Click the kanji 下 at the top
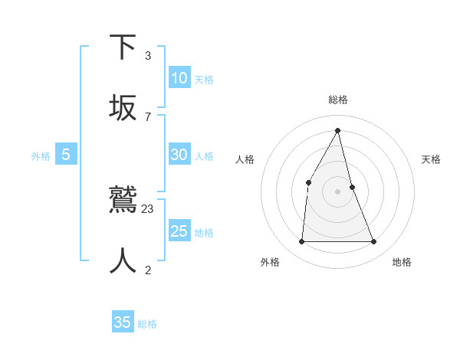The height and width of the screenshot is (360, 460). (x=123, y=47)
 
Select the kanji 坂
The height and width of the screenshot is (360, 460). (x=123, y=107)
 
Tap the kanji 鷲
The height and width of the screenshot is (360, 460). (x=123, y=200)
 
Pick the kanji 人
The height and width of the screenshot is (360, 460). (x=123, y=260)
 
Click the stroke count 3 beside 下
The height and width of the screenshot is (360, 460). (x=148, y=56)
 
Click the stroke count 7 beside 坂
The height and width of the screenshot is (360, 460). (x=148, y=116)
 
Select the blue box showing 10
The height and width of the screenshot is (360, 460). (x=179, y=78)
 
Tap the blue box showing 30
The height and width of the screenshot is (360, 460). (x=179, y=155)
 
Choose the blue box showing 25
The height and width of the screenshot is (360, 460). (x=179, y=231)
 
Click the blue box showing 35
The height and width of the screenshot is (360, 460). (x=123, y=322)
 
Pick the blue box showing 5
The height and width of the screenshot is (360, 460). (x=66, y=155)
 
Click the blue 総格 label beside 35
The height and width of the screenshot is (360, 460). (x=147, y=324)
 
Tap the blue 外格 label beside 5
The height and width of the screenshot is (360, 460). (x=41, y=156)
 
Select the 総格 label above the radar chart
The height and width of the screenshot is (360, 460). (x=338, y=100)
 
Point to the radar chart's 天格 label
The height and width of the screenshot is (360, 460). (x=432, y=159)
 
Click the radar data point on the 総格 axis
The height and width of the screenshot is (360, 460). (x=338, y=130)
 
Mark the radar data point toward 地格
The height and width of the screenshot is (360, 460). (x=374, y=242)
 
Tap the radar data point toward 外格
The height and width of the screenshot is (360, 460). (x=301, y=242)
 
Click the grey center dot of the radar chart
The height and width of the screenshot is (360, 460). (x=338, y=191)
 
